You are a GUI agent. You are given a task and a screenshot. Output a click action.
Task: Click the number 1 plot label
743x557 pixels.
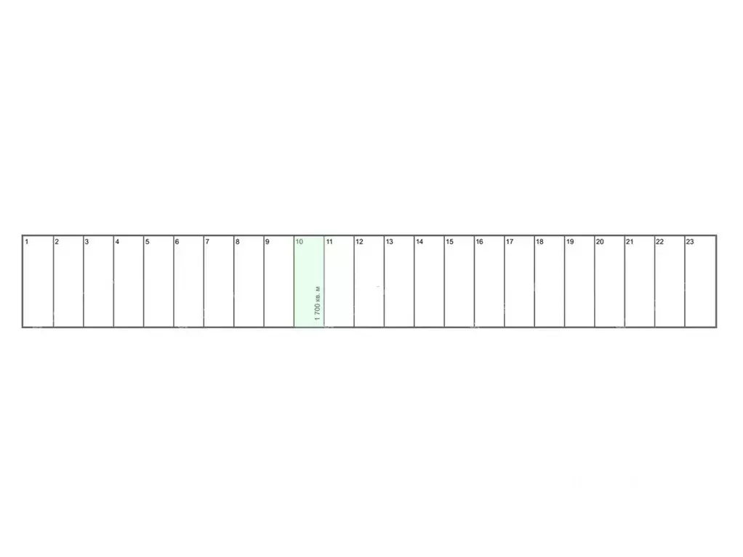(26, 242)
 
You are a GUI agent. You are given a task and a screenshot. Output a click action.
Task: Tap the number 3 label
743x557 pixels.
(87, 242)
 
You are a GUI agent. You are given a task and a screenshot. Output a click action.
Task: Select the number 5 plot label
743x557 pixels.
(147, 242)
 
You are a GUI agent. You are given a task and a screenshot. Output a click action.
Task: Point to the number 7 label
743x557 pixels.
(207, 242)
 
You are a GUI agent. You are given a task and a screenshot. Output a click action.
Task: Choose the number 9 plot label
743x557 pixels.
(268, 242)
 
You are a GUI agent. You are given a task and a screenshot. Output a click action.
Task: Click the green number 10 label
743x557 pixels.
(299, 242)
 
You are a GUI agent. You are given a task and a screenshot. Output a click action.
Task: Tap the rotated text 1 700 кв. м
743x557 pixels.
(318, 304)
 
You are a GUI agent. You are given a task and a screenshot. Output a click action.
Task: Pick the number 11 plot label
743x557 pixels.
(329, 242)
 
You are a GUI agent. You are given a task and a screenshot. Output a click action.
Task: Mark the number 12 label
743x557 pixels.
(359, 242)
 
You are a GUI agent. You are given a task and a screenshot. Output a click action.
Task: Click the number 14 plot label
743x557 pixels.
(419, 242)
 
